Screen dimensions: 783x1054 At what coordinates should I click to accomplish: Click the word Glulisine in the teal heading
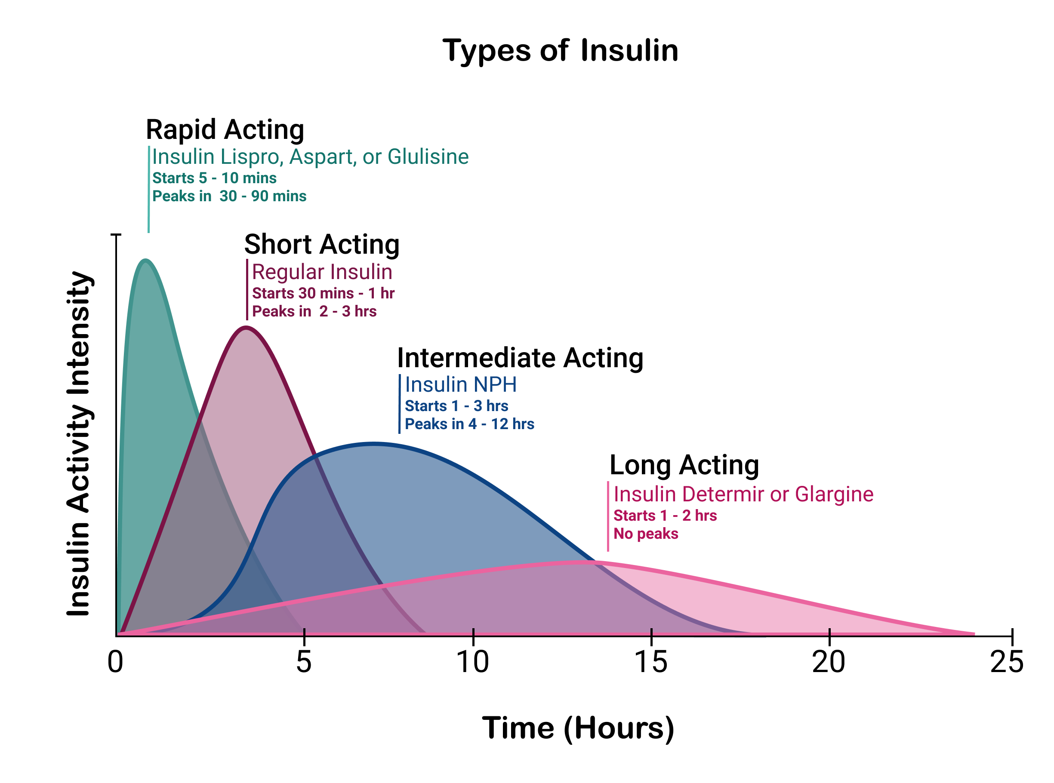[428, 157]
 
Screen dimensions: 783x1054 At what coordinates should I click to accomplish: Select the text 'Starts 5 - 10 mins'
[214, 178]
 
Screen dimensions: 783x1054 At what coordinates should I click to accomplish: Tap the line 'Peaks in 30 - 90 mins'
[229, 196]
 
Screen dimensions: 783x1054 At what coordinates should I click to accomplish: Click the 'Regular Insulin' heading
[322, 272]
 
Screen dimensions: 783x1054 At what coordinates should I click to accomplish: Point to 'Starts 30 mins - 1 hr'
[324, 293]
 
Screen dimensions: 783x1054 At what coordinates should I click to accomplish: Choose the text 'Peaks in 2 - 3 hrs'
[314, 311]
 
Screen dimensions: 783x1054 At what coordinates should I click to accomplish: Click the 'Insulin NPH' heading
[460, 384]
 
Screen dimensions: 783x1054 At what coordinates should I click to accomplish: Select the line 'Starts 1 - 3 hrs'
[456, 406]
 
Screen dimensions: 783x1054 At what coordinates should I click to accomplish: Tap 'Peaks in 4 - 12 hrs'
[469, 424]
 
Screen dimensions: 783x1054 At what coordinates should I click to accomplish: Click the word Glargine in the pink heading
[834, 494]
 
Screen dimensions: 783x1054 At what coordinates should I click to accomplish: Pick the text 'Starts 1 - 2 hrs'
[665, 516]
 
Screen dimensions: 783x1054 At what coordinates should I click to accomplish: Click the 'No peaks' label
[646, 534]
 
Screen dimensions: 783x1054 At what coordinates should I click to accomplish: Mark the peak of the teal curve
[145, 259]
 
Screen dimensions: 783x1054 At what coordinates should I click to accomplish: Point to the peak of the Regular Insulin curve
[246, 327]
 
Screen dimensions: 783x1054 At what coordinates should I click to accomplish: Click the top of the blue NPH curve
[373, 443]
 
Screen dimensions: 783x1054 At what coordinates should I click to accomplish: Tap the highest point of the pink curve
[581, 562]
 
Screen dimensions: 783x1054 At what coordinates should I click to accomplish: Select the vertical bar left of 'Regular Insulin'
[247, 289]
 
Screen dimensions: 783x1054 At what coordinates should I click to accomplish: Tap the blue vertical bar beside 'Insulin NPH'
[400, 403]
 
